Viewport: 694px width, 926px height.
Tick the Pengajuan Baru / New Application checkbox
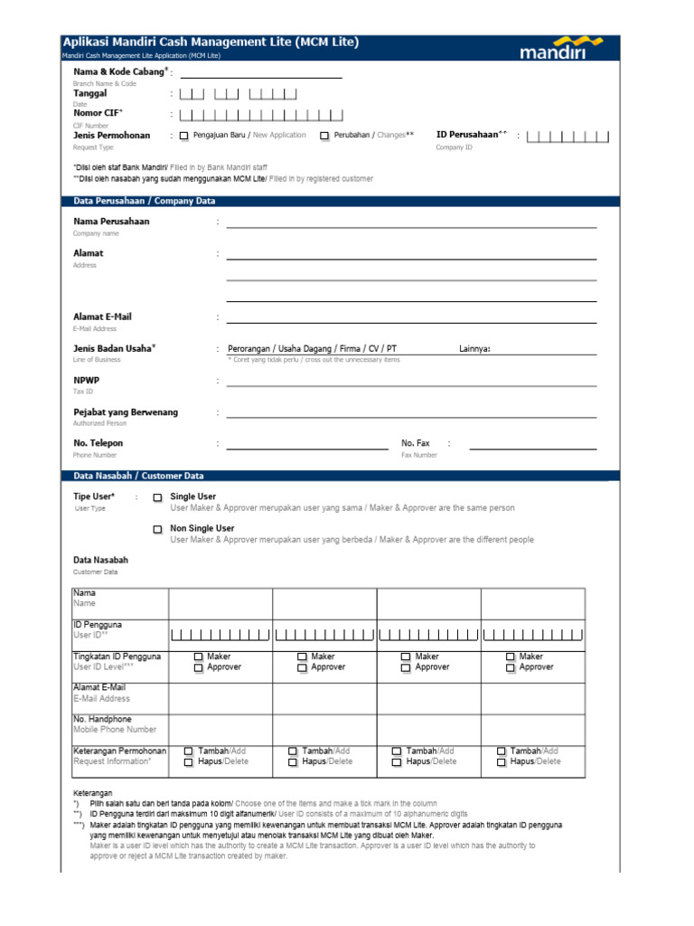click(x=184, y=136)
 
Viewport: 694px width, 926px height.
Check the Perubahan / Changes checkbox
click(x=324, y=136)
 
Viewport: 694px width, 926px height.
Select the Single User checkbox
click(x=157, y=497)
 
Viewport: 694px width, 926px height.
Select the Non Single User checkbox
click(x=157, y=529)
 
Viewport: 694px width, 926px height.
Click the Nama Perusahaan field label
click(x=111, y=222)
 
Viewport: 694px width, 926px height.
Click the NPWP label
click(x=86, y=381)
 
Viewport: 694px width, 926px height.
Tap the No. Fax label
click(x=416, y=443)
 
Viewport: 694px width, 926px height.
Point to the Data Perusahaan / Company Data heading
click(x=138, y=201)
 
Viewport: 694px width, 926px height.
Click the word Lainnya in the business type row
click(x=474, y=349)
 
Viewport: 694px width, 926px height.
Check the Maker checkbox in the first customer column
click(x=198, y=657)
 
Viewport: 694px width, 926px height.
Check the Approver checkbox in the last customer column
click(x=511, y=667)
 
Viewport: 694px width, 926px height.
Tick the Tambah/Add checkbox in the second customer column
click(x=293, y=751)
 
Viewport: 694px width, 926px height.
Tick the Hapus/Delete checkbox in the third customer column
click(x=397, y=762)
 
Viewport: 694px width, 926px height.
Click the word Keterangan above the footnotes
click(x=93, y=793)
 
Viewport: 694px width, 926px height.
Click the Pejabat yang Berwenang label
click(x=126, y=412)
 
